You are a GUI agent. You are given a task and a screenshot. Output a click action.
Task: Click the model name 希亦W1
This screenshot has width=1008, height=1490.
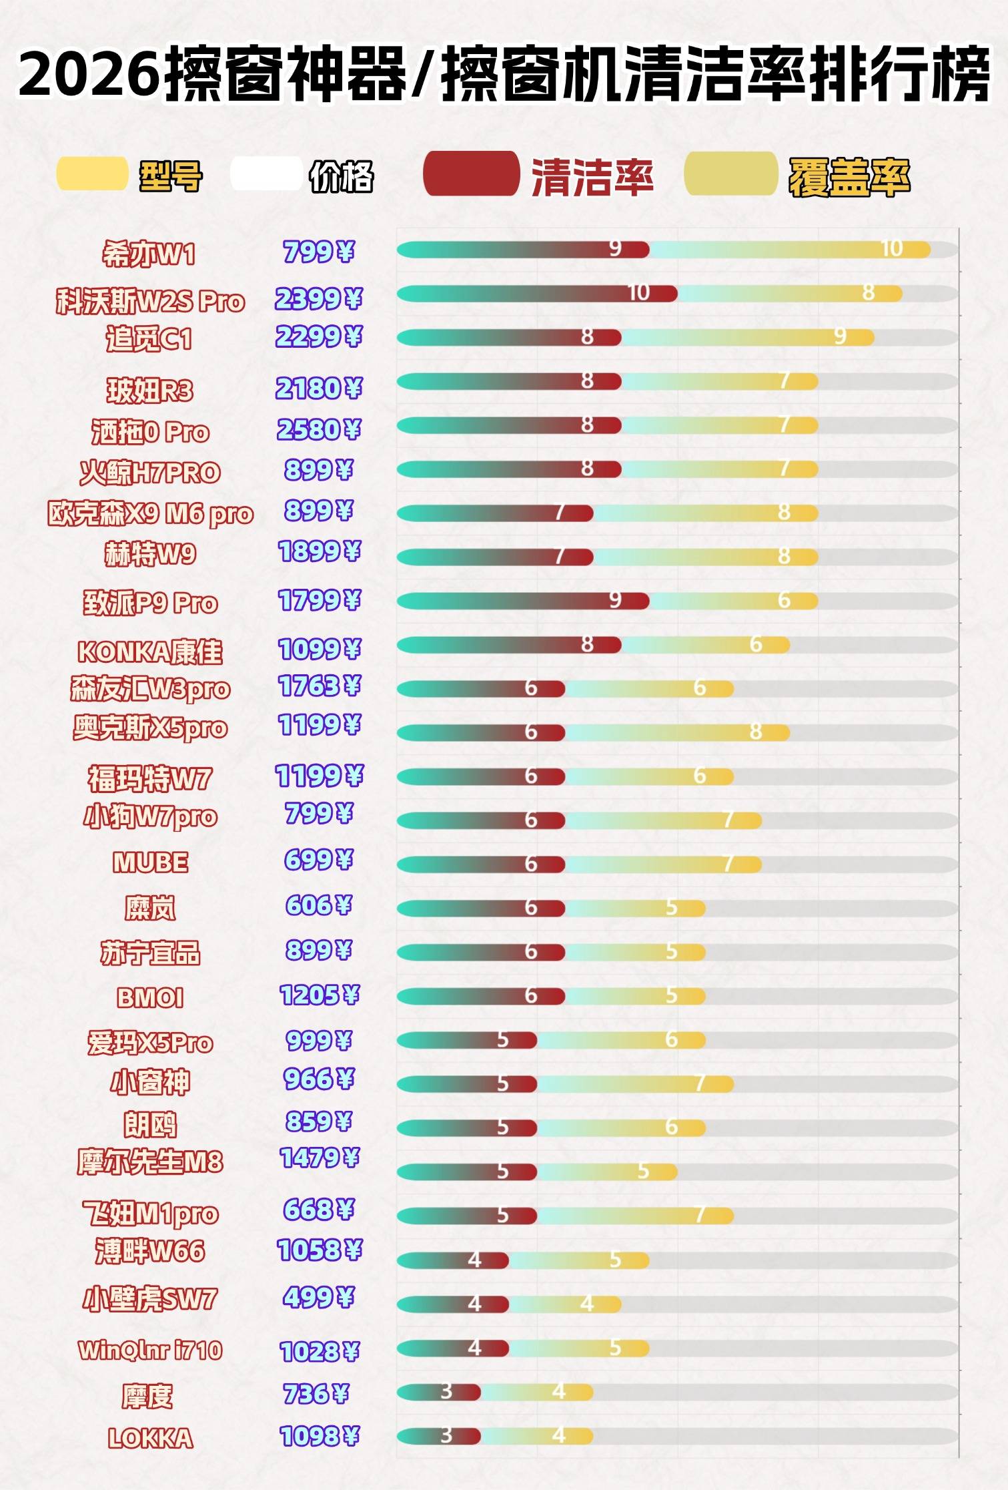point(149,254)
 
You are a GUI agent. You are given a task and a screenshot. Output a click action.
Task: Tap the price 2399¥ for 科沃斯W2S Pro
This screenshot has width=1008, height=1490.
point(318,298)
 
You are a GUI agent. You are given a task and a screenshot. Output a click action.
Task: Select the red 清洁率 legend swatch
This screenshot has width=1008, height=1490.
point(471,174)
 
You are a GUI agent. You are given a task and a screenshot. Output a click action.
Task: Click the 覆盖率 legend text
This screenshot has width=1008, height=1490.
point(849,178)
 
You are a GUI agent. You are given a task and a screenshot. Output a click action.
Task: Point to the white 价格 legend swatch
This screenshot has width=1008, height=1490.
point(265,174)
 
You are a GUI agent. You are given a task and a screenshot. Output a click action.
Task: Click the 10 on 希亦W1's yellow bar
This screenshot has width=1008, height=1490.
point(892,249)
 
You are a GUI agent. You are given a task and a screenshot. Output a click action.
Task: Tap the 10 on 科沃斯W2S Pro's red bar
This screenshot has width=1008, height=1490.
point(638,292)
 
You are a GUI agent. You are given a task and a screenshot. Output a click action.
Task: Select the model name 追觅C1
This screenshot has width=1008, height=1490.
point(149,339)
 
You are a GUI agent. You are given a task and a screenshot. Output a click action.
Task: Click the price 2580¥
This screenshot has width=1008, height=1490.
point(318,429)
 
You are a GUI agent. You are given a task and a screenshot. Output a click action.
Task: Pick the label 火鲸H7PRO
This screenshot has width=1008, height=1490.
point(149,473)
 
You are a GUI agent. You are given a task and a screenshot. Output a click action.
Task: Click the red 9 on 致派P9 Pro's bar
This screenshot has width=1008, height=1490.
point(615,600)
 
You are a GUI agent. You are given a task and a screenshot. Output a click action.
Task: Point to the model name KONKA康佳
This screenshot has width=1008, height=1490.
point(149,652)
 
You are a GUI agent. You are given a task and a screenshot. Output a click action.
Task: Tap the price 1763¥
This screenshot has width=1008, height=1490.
point(319,686)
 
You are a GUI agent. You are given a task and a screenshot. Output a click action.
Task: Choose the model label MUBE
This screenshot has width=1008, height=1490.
point(150,862)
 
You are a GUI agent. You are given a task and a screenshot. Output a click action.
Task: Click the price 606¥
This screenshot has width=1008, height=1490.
point(318,905)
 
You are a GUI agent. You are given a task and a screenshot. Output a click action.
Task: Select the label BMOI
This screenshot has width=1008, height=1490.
point(149,997)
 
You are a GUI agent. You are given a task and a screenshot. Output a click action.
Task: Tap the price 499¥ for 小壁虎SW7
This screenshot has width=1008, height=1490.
point(318,1297)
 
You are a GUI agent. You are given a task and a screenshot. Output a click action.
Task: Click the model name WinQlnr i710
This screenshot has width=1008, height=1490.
point(150,1350)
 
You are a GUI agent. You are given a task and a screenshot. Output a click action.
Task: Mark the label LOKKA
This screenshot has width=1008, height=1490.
point(150,1438)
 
